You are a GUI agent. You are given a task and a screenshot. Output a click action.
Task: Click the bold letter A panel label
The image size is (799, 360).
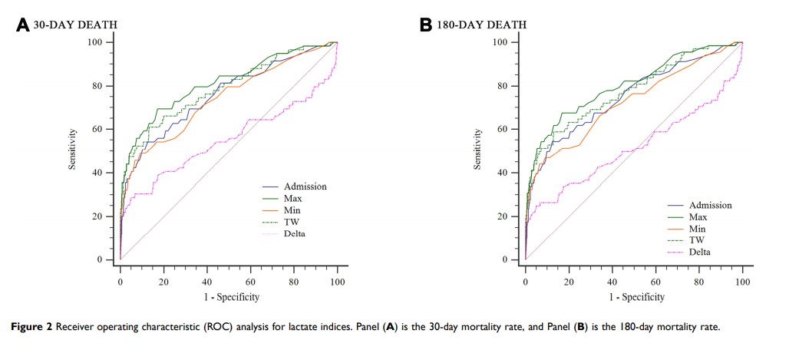click(x=23, y=25)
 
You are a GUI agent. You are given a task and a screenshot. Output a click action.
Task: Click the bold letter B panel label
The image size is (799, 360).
click(x=426, y=25)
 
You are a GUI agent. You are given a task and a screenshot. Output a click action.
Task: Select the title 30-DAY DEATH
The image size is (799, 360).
click(x=75, y=25)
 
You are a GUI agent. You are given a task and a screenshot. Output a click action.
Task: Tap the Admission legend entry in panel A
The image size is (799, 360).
click(x=305, y=186)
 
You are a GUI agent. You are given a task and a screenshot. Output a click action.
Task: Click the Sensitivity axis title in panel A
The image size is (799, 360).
click(x=72, y=149)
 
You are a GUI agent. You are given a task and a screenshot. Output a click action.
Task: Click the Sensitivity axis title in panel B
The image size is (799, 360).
click(x=477, y=149)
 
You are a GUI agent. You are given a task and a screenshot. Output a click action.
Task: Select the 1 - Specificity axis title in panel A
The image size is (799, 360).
click(x=229, y=296)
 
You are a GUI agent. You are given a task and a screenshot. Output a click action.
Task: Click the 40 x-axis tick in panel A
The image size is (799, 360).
click(x=207, y=282)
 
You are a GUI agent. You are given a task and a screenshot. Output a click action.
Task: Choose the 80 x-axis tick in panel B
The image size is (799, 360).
click(x=698, y=282)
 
